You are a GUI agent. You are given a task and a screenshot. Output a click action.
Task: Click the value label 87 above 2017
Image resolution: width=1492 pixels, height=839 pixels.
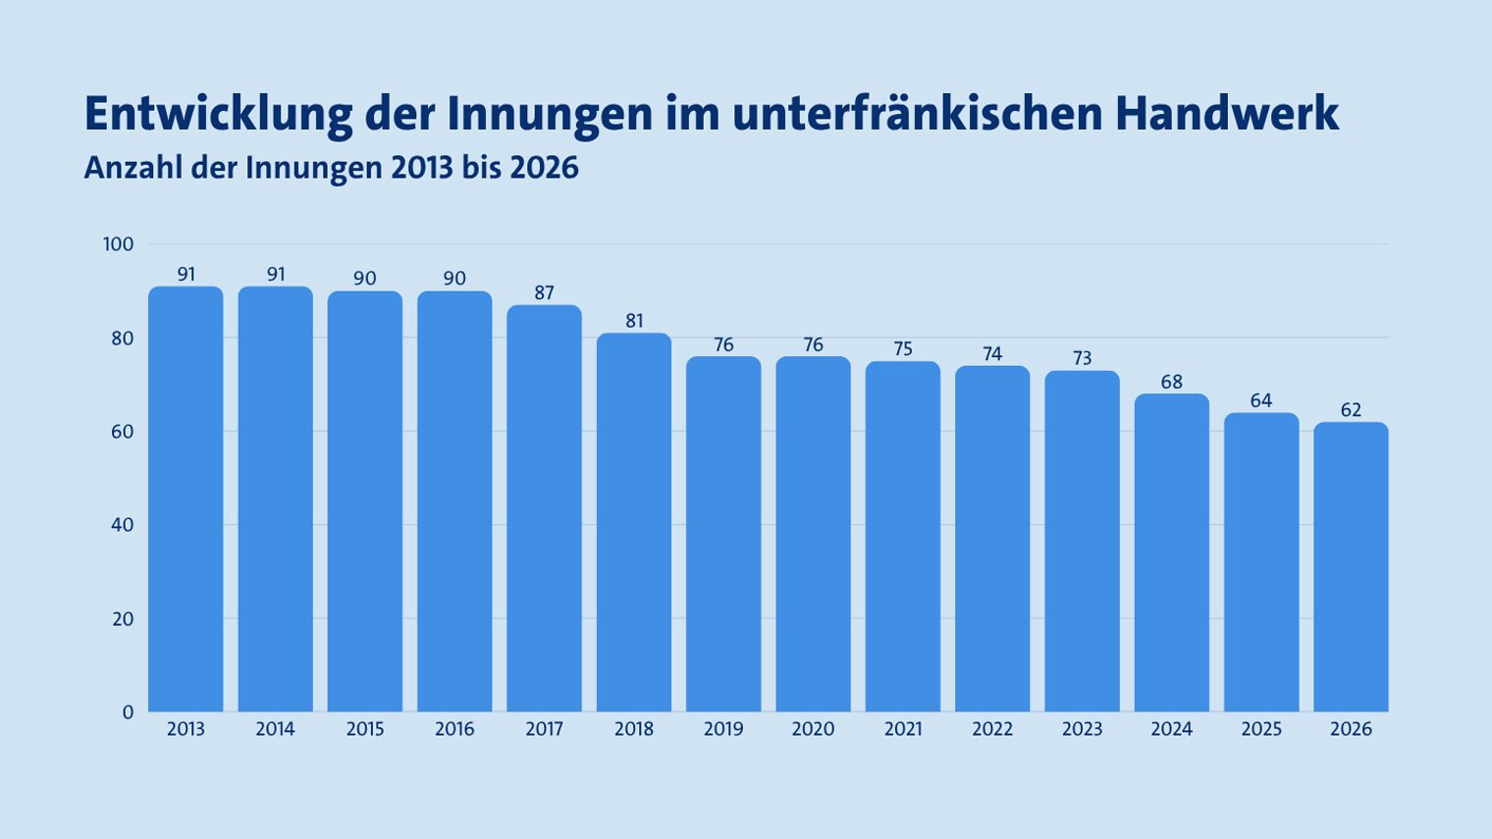pyautogui.click(x=545, y=292)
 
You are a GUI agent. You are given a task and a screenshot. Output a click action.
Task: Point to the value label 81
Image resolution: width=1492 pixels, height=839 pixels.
pyautogui.click(x=634, y=321)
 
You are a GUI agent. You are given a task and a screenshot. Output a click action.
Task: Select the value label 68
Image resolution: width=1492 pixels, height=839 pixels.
pyautogui.click(x=1172, y=382)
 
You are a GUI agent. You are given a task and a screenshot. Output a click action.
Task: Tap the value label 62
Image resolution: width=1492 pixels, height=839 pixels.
pyautogui.click(x=1351, y=410)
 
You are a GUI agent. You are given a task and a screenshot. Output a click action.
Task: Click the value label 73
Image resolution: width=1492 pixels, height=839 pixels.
pyautogui.click(x=1082, y=358)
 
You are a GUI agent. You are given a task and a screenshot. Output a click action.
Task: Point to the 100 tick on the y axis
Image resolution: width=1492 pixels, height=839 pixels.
pyautogui.click(x=118, y=244)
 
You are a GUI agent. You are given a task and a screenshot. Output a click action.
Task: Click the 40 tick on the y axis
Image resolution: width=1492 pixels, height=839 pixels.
pyautogui.click(x=122, y=525)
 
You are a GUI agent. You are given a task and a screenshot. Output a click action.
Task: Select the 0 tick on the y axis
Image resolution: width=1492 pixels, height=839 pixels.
pyautogui.click(x=128, y=712)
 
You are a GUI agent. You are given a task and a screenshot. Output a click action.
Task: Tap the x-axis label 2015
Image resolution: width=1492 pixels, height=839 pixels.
pyautogui.click(x=365, y=729)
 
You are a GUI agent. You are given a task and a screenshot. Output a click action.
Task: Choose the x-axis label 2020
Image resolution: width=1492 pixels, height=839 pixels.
pyautogui.click(x=813, y=729)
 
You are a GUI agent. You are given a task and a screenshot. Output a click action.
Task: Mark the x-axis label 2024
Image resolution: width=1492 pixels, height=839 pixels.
pyautogui.click(x=1172, y=729)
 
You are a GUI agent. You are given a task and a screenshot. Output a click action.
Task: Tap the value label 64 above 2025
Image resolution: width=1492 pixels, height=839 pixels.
pyautogui.click(x=1261, y=400)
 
